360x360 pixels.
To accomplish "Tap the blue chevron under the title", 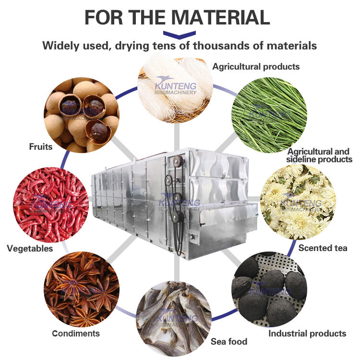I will [x=180, y=34].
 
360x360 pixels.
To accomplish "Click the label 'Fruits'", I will [x=40, y=146].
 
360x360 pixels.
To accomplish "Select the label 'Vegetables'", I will [x=30, y=248].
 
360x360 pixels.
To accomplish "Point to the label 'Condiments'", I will [x=76, y=333].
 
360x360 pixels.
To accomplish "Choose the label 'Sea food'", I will [x=229, y=341].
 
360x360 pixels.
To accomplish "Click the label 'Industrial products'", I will [x=307, y=333].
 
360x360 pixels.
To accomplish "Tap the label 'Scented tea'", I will [x=323, y=248].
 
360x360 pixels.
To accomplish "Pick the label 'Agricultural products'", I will [x=256, y=66].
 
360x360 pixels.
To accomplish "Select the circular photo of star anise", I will [x=82, y=289].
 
